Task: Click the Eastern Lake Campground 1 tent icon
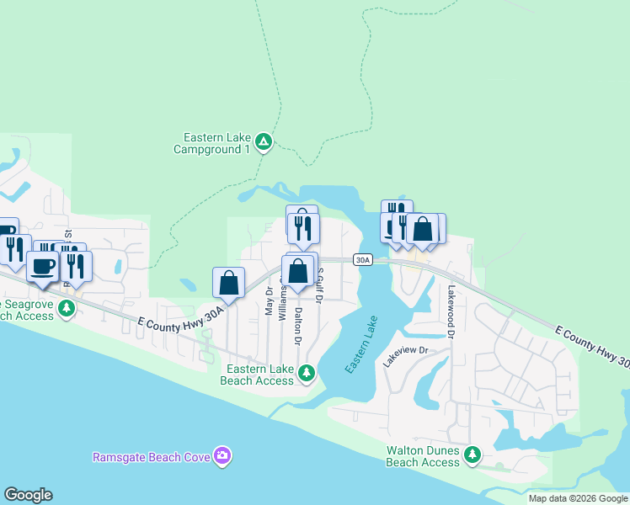[264, 142]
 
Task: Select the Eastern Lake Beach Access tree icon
[307, 371]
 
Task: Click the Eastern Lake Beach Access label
[257, 375]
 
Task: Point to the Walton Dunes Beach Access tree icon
[473, 455]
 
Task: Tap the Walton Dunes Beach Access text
[423, 456]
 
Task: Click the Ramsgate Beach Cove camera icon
[222, 456]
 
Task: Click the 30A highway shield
[362, 260]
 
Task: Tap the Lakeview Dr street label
[406, 355]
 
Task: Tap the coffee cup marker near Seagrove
[42, 266]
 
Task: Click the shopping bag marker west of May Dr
[229, 283]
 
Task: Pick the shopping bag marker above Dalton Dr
[297, 271]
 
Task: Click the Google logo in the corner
[28, 495]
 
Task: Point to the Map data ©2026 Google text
[578, 498]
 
